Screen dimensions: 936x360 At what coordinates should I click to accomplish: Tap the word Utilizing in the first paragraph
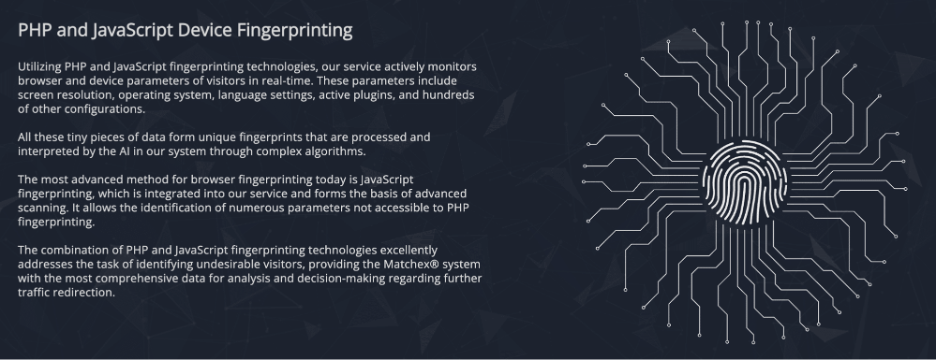click(x=39, y=67)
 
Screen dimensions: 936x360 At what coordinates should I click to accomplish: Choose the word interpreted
click(x=45, y=152)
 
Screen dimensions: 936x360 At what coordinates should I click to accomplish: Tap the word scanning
click(x=39, y=208)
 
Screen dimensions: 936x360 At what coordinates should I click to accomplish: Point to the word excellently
click(x=409, y=250)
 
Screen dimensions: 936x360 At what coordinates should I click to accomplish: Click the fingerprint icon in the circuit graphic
click(x=744, y=183)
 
